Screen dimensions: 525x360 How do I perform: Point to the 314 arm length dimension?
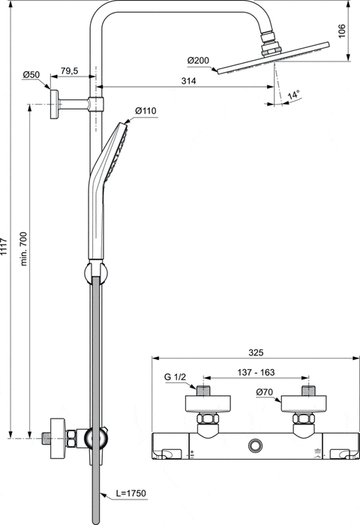pyautogui.click(x=188, y=82)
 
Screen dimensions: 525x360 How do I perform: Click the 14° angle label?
pyautogui.click(x=294, y=95)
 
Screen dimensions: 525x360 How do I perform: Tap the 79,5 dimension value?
pyautogui.click(x=70, y=70)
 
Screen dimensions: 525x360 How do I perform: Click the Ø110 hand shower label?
pyautogui.click(x=145, y=111)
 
